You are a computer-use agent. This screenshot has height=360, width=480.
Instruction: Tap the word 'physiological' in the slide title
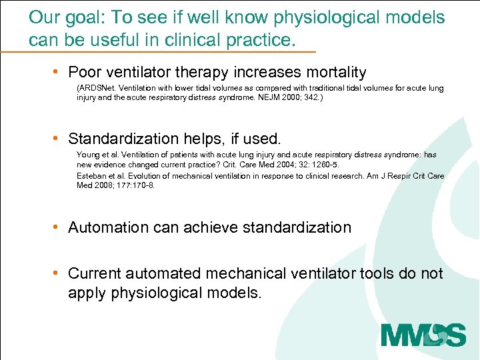(x=318, y=17)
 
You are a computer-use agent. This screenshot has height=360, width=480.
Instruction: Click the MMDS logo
(x=423, y=334)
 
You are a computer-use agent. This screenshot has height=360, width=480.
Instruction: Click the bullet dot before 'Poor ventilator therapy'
(x=59, y=72)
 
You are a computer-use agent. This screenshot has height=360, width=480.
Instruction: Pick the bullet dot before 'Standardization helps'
(x=59, y=139)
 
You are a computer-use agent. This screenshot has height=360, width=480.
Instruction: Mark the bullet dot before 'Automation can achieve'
(x=59, y=227)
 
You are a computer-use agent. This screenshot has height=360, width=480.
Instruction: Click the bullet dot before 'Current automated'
(x=59, y=273)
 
